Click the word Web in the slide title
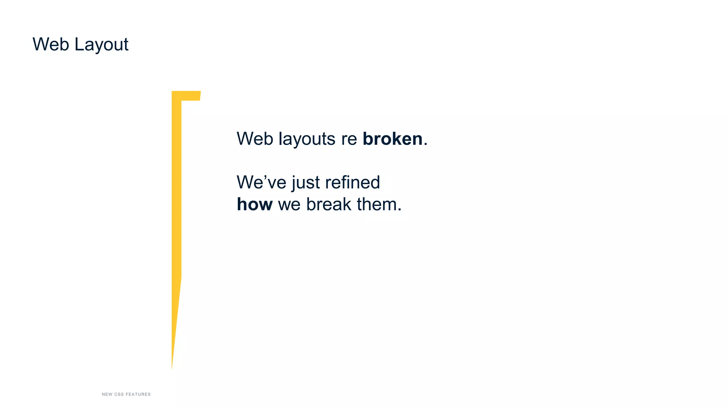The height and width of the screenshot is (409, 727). [x=50, y=44]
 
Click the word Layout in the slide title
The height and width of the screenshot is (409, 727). [x=101, y=45]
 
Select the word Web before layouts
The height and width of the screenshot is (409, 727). [x=255, y=138]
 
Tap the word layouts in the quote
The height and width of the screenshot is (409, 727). [x=307, y=139]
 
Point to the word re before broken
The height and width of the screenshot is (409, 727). [x=349, y=139]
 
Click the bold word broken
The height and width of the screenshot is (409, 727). [x=392, y=138]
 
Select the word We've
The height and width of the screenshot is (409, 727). [x=261, y=182]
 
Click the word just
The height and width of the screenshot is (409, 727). [x=306, y=183]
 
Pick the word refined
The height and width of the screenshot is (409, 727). [x=352, y=182]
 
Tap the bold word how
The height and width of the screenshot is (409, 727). [x=255, y=204]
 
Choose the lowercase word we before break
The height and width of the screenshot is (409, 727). [x=289, y=205]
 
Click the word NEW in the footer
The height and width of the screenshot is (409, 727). [x=107, y=394]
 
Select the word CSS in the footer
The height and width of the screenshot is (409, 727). [x=119, y=394]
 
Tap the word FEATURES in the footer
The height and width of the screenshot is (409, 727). [x=138, y=394]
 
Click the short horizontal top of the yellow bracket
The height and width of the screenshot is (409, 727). [x=191, y=96]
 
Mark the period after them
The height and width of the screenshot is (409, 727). [x=400, y=210]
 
